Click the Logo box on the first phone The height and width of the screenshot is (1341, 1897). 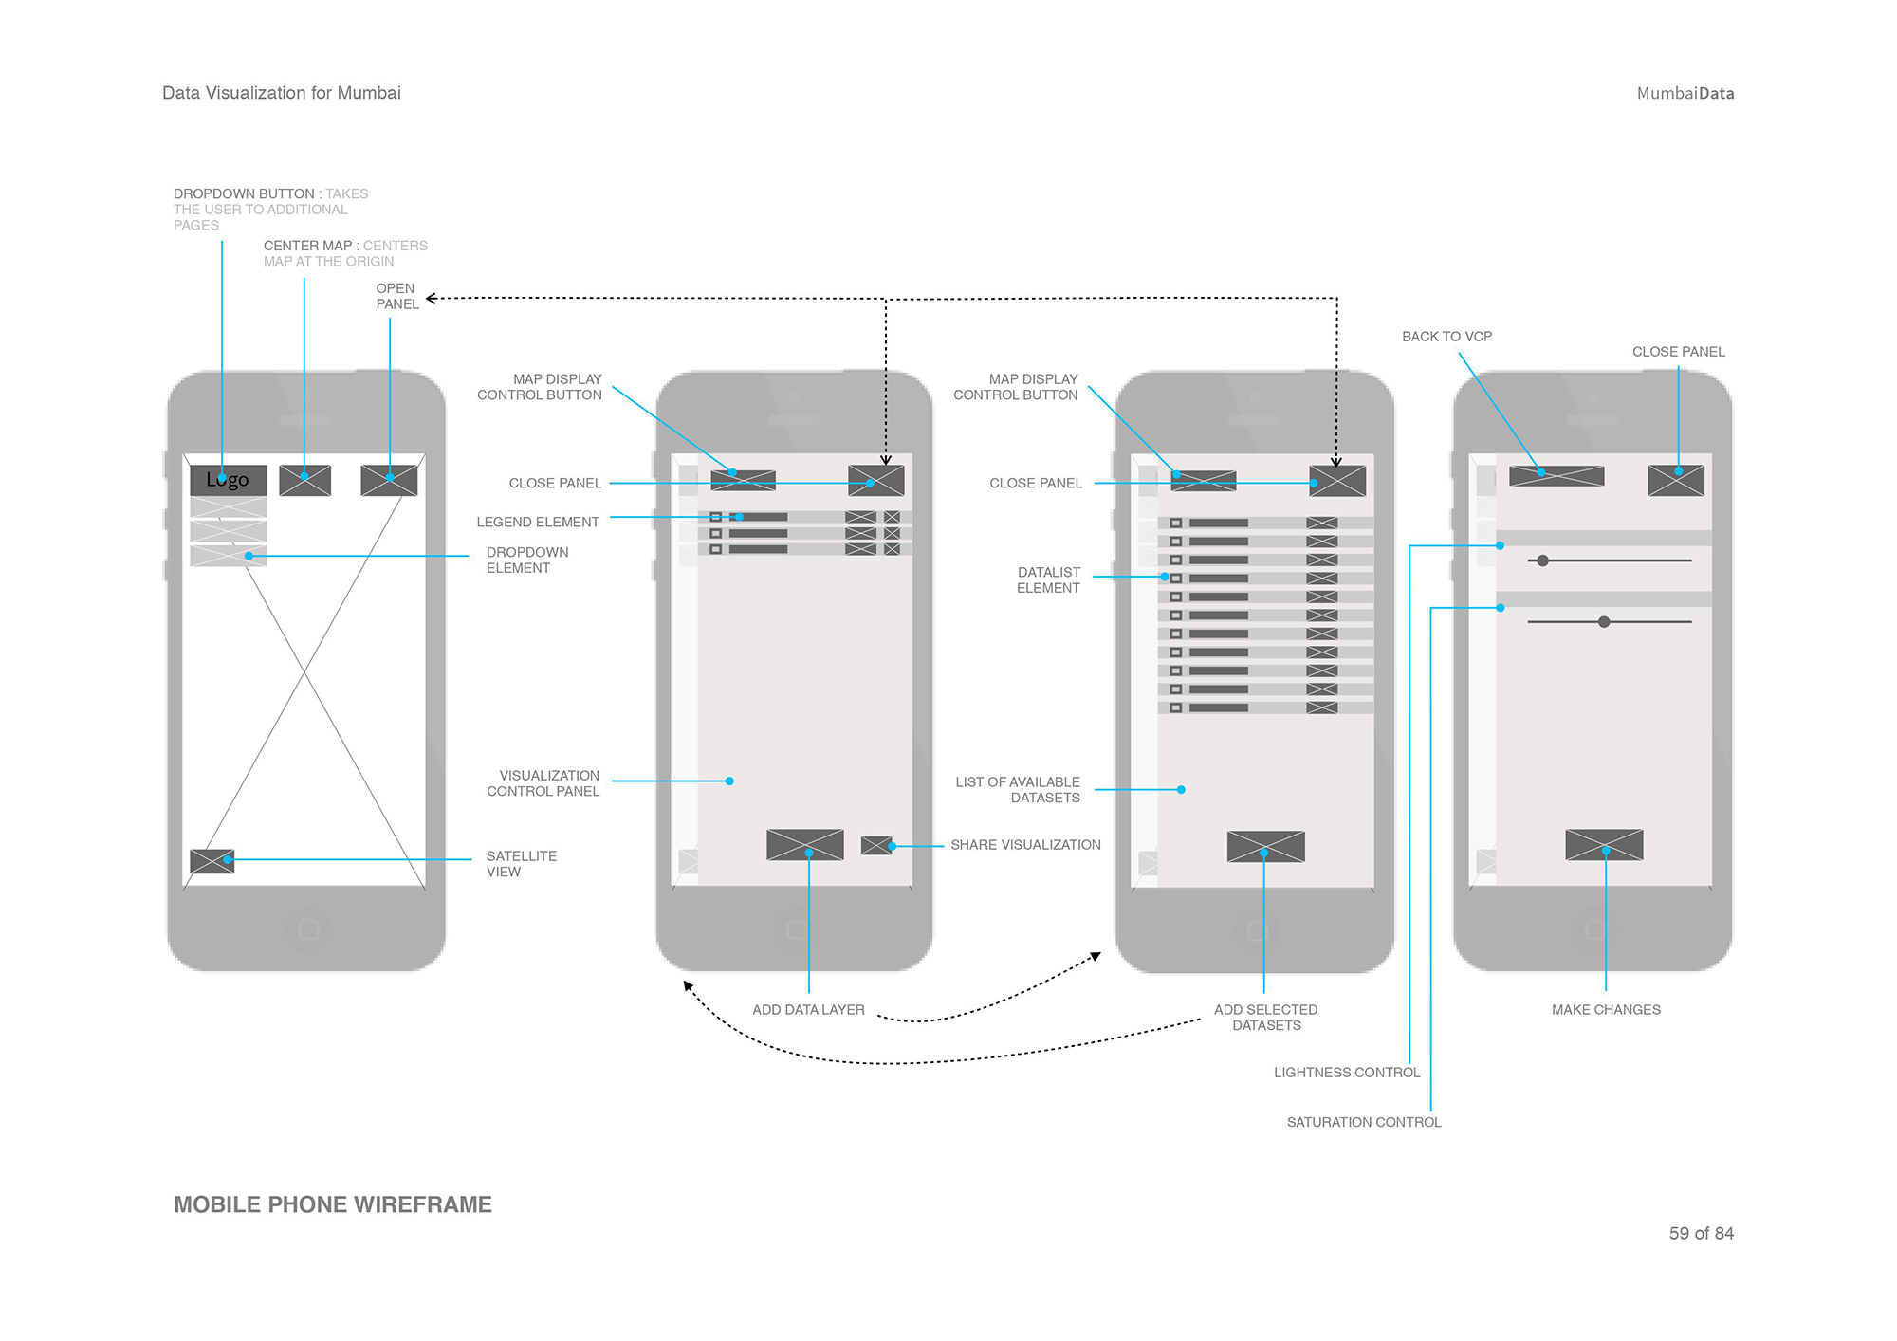point(228,480)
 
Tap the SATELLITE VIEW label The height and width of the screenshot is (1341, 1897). point(521,863)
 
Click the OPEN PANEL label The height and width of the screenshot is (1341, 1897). point(396,296)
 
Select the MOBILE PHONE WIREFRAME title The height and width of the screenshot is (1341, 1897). point(332,1204)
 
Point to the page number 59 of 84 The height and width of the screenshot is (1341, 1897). point(1701,1233)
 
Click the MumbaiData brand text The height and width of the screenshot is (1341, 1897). point(1685,93)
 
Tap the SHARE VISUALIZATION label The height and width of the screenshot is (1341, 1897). point(1025,845)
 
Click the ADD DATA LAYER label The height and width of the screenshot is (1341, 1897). point(808,1010)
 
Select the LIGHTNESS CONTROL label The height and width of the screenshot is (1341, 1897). point(1346,1073)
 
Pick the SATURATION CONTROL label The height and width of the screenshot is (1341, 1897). point(1363,1122)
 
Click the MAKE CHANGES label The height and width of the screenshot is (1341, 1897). point(1606,1010)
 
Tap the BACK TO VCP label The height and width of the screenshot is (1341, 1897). point(1446,337)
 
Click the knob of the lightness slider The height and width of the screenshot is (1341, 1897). point(1543,560)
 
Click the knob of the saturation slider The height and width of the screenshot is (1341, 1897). point(1604,622)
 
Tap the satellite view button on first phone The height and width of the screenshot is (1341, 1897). point(212,861)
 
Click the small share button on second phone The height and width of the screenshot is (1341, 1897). point(875,845)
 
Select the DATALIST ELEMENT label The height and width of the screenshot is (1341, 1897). point(1048,579)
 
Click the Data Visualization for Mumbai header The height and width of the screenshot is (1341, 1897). point(282,93)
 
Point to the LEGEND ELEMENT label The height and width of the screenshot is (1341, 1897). point(538,523)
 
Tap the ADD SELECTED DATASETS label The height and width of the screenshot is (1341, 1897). point(1265,1018)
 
